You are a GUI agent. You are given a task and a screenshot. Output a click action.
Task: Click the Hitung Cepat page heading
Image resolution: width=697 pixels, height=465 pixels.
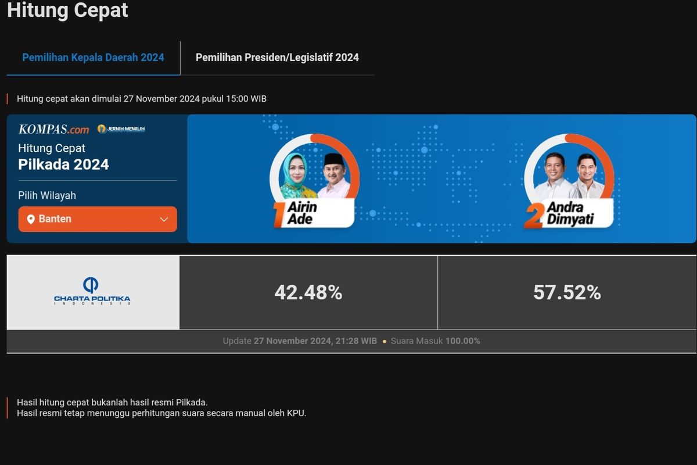(x=67, y=10)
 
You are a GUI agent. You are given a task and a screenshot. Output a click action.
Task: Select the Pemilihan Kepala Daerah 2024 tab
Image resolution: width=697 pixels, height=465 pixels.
(x=93, y=58)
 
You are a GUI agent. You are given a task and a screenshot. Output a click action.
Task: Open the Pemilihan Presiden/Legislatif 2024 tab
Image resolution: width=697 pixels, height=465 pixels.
(x=277, y=58)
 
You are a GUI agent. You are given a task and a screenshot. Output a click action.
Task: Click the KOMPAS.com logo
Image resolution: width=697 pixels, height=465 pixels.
(x=53, y=129)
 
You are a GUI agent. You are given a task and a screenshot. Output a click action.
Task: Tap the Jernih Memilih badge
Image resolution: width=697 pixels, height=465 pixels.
(x=121, y=129)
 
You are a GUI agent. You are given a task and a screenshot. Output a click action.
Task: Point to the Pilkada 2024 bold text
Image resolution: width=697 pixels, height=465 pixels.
(x=63, y=164)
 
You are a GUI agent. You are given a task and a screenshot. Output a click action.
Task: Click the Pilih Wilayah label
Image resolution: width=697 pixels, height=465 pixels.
(x=47, y=195)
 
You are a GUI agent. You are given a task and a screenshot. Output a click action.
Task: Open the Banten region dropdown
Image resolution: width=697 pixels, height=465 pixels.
(x=98, y=219)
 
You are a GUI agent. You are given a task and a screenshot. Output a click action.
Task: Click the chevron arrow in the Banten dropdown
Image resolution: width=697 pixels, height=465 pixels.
(x=164, y=219)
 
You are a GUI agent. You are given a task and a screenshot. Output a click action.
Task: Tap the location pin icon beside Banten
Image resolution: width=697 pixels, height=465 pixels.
(x=31, y=219)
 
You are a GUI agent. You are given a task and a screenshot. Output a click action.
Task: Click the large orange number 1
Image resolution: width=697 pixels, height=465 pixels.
(x=279, y=215)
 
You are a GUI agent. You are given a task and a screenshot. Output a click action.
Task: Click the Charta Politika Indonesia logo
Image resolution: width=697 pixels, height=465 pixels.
(x=92, y=292)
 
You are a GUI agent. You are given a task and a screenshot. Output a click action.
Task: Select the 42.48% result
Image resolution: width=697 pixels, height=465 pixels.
(x=308, y=292)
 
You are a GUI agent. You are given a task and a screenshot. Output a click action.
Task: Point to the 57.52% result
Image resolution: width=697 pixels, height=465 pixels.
(x=567, y=292)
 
